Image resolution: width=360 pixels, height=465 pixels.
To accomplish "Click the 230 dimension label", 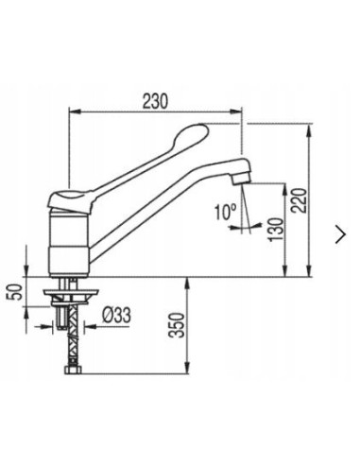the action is coord(155,101).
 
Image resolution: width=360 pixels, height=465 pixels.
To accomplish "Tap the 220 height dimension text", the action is coord(299,200).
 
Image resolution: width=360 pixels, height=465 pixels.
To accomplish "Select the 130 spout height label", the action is coord(277,229).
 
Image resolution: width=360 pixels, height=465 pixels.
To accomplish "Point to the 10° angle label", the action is coord(226,212).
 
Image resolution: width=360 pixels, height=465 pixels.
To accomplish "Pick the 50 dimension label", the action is coord(15,292).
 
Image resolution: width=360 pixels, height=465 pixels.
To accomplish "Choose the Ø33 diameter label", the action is coord(116,315).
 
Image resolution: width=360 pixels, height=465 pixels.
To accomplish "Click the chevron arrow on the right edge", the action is coord(341,234).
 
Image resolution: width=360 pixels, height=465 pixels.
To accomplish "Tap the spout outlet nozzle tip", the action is coord(241,181).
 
